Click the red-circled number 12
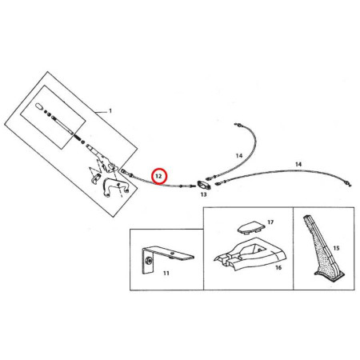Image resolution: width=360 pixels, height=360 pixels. click(x=158, y=176)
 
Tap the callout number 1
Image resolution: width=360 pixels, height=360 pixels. click(x=110, y=111)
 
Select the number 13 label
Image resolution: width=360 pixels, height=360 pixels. click(x=203, y=194)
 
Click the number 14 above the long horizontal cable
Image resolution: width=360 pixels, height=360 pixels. click(x=298, y=164)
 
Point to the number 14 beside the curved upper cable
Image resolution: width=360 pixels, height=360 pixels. click(x=239, y=155)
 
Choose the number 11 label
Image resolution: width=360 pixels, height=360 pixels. click(x=166, y=273)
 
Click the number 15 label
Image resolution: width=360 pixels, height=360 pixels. click(x=336, y=248)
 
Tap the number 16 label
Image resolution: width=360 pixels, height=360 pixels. click(x=278, y=267)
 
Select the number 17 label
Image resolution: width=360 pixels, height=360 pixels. click(x=270, y=222)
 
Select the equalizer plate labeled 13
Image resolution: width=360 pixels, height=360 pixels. click(x=204, y=185)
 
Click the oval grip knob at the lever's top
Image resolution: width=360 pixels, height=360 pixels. click(x=39, y=106)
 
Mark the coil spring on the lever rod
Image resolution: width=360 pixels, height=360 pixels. click(x=77, y=137)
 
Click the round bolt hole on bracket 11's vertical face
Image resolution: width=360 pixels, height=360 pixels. click(x=149, y=260)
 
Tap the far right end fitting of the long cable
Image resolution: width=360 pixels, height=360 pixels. click(x=349, y=184)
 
